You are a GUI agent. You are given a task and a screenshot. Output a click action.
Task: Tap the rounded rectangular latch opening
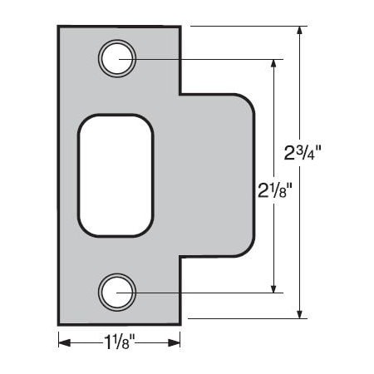pyautogui.click(x=116, y=175)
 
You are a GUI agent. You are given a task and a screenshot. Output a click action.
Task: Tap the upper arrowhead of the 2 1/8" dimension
pyautogui.click(x=273, y=64)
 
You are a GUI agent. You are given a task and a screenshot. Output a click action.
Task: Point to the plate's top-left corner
pyautogui.click(x=59, y=27)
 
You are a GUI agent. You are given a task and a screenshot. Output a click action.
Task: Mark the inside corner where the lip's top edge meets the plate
pyautogui.click(x=180, y=94)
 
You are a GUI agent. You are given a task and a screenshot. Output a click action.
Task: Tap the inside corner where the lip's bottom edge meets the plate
pyautogui.click(x=180, y=257)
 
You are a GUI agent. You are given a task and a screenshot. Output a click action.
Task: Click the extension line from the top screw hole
pyautogui.click(x=208, y=59)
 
